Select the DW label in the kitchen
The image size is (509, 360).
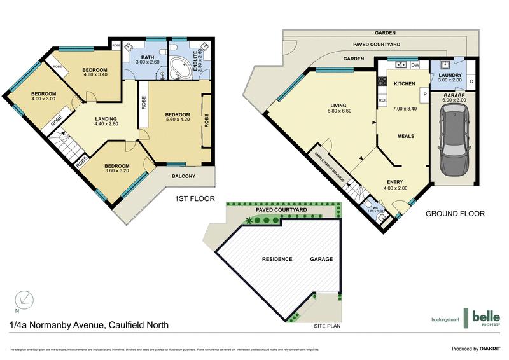pyautogui.click(x=415, y=65)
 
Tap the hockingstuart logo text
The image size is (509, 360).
pyautogui.click(x=441, y=319)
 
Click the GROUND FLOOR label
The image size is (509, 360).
pyautogui.click(x=454, y=214)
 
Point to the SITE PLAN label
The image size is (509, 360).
pyautogui.click(x=328, y=325)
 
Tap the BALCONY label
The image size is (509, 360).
pyautogui.click(x=183, y=176)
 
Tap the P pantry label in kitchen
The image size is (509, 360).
pyautogui.click(x=422, y=94)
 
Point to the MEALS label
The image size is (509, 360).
pyautogui.click(x=406, y=135)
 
